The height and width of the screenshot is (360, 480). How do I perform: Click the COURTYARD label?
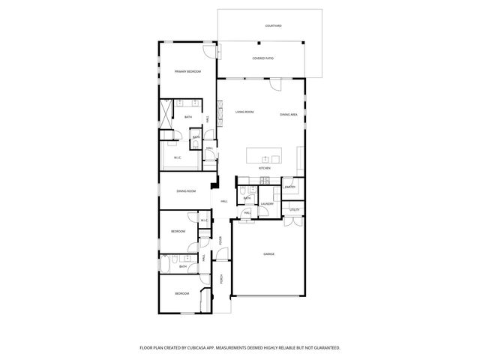(274, 25)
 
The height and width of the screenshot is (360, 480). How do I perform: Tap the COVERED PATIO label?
(263, 58)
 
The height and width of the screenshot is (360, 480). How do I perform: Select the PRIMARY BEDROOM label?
(187, 71)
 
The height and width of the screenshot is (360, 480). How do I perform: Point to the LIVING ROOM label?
(244, 112)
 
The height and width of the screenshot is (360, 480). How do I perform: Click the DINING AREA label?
(289, 114)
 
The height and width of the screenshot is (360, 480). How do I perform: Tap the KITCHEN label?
(264, 168)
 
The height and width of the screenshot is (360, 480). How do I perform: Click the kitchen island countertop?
(265, 156)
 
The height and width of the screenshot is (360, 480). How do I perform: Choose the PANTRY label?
(289, 187)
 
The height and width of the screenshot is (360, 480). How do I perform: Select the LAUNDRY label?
(266, 203)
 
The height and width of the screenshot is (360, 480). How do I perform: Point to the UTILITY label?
(295, 209)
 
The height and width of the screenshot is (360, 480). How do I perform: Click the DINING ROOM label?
(186, 191)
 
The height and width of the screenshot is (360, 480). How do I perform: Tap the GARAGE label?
(268, 254)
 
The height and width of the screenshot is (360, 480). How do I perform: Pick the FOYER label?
(220, 241)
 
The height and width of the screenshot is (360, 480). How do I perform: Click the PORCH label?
(221, 279)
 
